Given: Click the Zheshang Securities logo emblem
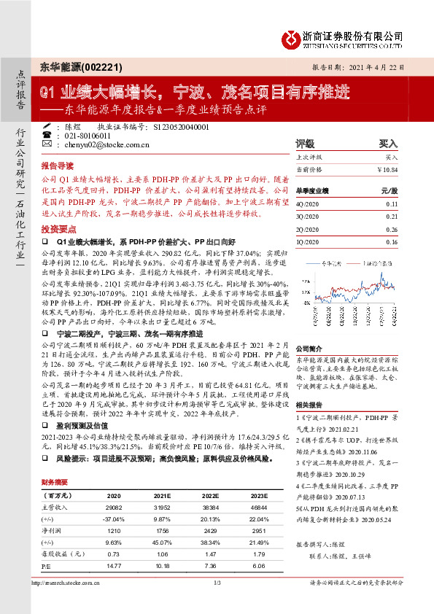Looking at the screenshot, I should coord(293,36).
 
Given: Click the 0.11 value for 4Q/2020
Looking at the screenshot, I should coord(391,206).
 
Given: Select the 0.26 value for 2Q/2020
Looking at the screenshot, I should coord(391,229).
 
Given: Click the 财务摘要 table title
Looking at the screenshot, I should coord(55,483).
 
